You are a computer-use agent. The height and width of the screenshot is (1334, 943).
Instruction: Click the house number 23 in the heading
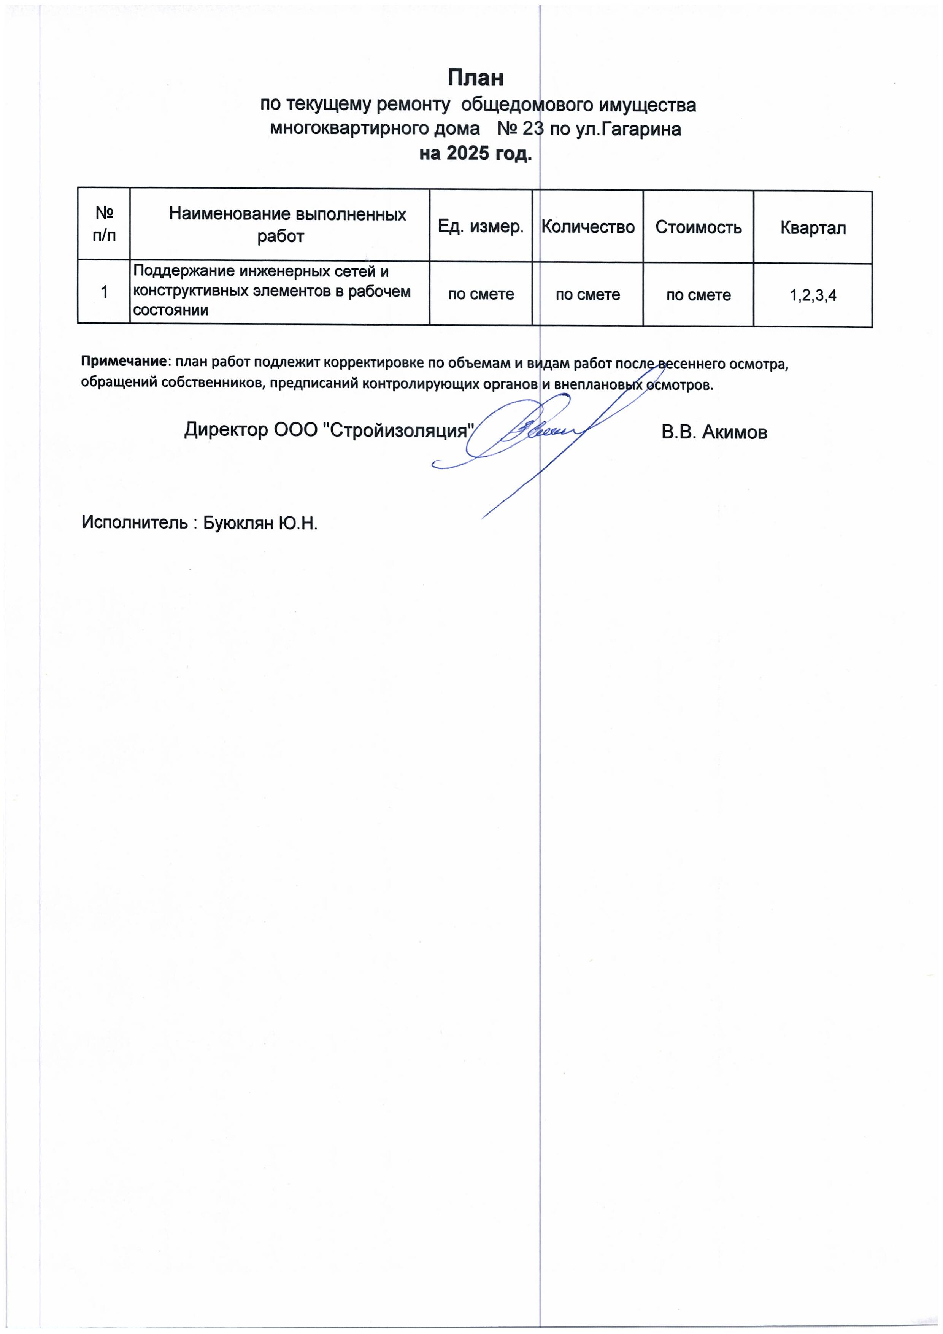click(532, 129)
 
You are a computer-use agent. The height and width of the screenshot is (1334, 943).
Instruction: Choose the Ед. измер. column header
click(481, 227)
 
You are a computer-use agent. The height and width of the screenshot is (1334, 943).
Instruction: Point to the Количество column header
click(587, 227)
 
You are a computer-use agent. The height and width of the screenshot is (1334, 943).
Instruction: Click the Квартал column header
click(812, 228)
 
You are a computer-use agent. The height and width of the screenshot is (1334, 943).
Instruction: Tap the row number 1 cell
click(104, 292)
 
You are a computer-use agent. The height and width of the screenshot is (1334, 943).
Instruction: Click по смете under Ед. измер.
click(481, 294)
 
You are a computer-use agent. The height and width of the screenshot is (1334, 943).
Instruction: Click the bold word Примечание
click(124, 361)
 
